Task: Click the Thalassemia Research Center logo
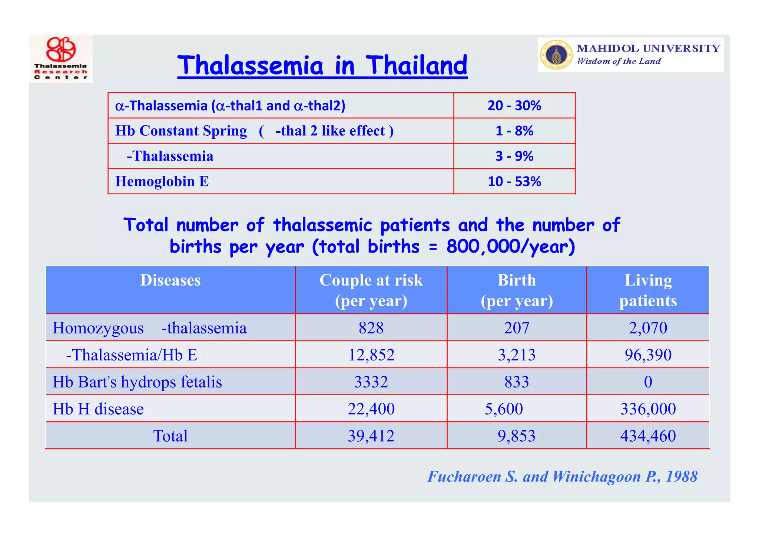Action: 61,58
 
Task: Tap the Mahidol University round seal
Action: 555,55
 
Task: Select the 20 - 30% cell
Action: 514,106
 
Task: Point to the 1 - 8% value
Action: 514,131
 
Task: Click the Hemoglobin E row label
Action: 162,181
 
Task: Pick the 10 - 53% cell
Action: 514,181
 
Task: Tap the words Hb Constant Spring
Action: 181,131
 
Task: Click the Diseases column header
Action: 170,280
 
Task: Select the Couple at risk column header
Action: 371,290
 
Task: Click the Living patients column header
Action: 648,290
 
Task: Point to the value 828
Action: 371,328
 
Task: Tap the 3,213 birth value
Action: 517,355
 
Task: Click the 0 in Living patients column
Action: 648,382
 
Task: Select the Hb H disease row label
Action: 98,409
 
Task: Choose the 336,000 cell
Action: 648,409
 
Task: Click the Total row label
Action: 170,436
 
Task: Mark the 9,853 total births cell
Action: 517,436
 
